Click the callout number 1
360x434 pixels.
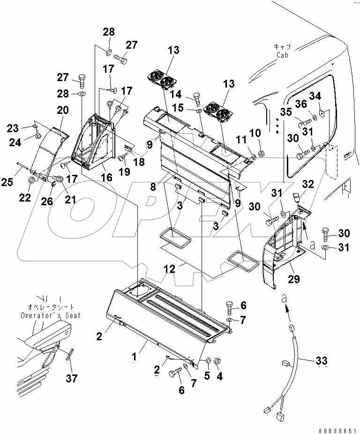(x=134, y=357)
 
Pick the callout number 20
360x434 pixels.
(x=63, y=111)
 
